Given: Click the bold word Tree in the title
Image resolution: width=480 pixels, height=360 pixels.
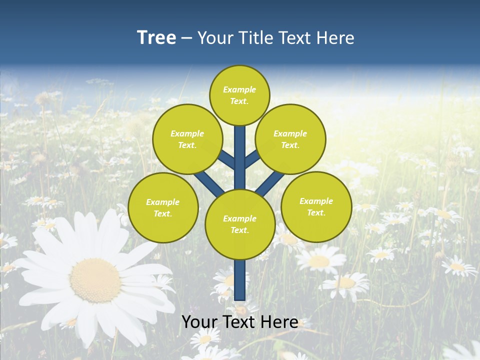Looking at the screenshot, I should (156, 38).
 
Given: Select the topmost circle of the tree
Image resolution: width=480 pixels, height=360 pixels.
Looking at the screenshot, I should (239, 95).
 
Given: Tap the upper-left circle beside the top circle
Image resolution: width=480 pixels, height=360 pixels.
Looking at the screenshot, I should (187, 139).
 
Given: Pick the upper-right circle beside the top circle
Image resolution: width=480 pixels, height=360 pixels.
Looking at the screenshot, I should (290, 139).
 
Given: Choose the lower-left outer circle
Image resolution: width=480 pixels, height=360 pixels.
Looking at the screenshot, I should (162, 207).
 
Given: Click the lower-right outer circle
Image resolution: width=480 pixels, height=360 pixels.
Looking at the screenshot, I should (316, 206).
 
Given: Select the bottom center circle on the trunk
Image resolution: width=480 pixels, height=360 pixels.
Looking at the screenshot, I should (239, 224).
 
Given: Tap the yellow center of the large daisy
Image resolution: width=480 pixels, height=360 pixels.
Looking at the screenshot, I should (95, 280).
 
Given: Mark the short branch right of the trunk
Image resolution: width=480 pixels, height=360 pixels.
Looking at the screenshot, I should (252, 159).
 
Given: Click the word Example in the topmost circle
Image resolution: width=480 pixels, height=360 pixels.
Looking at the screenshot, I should (239, 89).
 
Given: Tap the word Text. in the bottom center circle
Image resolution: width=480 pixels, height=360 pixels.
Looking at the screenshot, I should (239, 230).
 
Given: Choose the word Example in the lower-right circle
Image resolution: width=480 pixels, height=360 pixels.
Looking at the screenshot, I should (316, 201).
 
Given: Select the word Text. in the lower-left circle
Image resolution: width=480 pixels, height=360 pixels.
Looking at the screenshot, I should (162, 214).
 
